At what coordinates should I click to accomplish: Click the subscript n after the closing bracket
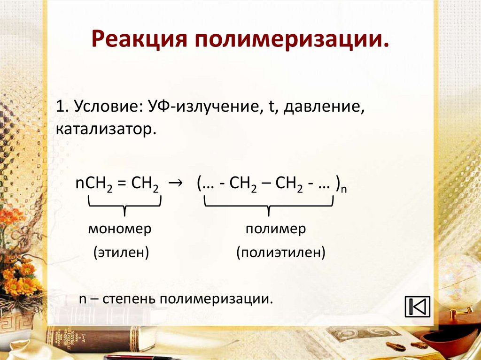343,189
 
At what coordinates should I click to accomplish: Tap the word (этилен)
121,253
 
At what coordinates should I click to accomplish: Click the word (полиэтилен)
281,253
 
